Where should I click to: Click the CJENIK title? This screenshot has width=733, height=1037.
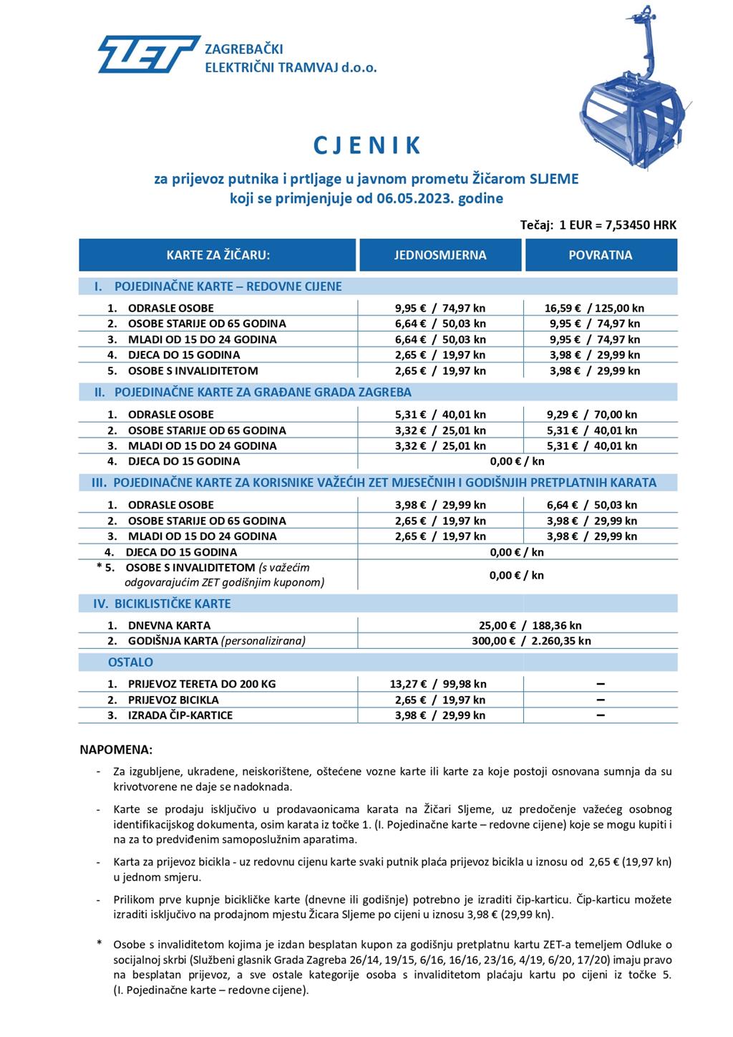(366, 145)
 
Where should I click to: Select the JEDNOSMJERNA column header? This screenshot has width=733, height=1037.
(440, 255)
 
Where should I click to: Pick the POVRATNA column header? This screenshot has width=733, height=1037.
(601, 255)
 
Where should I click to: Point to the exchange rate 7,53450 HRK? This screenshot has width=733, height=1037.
(641, 225)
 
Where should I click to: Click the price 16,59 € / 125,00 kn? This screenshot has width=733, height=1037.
(594, 308)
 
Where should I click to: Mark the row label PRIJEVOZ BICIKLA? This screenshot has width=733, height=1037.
(173, 700)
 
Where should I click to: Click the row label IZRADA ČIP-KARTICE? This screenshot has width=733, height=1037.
(180, 715)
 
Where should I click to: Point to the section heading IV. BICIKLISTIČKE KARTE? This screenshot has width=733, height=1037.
(163, 604)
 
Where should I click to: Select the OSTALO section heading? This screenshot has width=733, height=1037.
(130, 662)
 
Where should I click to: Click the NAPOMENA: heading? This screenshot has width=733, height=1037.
(116, 751)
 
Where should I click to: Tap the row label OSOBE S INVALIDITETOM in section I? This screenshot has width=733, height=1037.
(193, 371)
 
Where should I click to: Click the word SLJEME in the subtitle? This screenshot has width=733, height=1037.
(553, 179)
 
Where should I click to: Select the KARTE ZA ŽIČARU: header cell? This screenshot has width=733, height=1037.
(218, 255)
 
